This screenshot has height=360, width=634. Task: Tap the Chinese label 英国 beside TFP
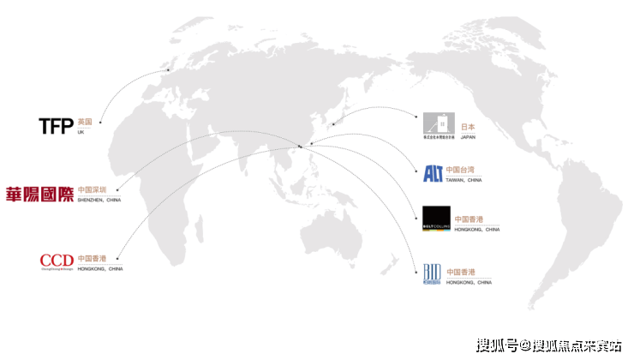[84, 123]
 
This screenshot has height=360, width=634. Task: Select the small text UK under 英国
[81, 132]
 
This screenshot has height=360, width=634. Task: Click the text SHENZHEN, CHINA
[99, 200]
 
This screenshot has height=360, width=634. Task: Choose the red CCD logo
[57, 261]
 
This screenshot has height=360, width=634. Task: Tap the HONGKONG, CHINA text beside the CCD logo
[99, 268]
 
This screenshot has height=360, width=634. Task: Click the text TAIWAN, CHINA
[464, 181]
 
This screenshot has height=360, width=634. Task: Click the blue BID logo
[433, 273]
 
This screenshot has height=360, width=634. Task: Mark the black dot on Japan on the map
[332, 126]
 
